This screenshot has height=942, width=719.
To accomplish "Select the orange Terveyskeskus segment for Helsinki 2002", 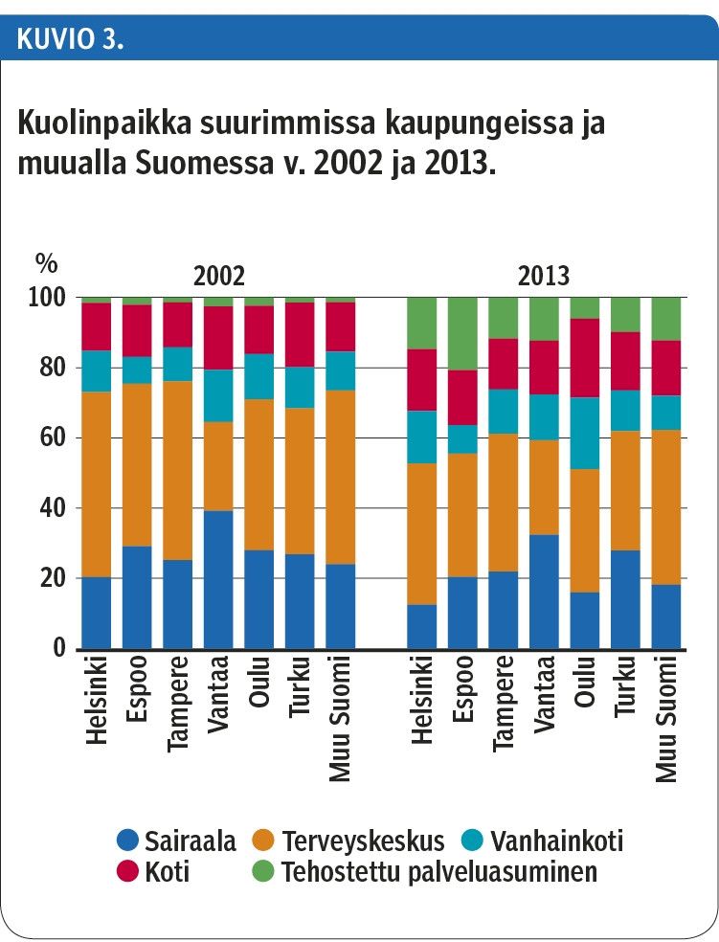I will click(97, 483).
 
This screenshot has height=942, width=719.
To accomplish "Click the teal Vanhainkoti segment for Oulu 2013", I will click(585, 433).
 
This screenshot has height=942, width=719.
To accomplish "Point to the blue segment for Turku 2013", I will click(625, 599).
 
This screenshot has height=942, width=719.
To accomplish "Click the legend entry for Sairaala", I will click(177, 841).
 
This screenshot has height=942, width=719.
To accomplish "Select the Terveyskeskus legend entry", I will click(349, 841).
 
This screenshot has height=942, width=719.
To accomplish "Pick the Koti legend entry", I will click(154, 872).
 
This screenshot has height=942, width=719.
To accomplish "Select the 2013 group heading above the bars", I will click(544, 277).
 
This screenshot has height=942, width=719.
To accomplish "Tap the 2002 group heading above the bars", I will click(219, 277).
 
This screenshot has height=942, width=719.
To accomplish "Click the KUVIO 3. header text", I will click(68, 39).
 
